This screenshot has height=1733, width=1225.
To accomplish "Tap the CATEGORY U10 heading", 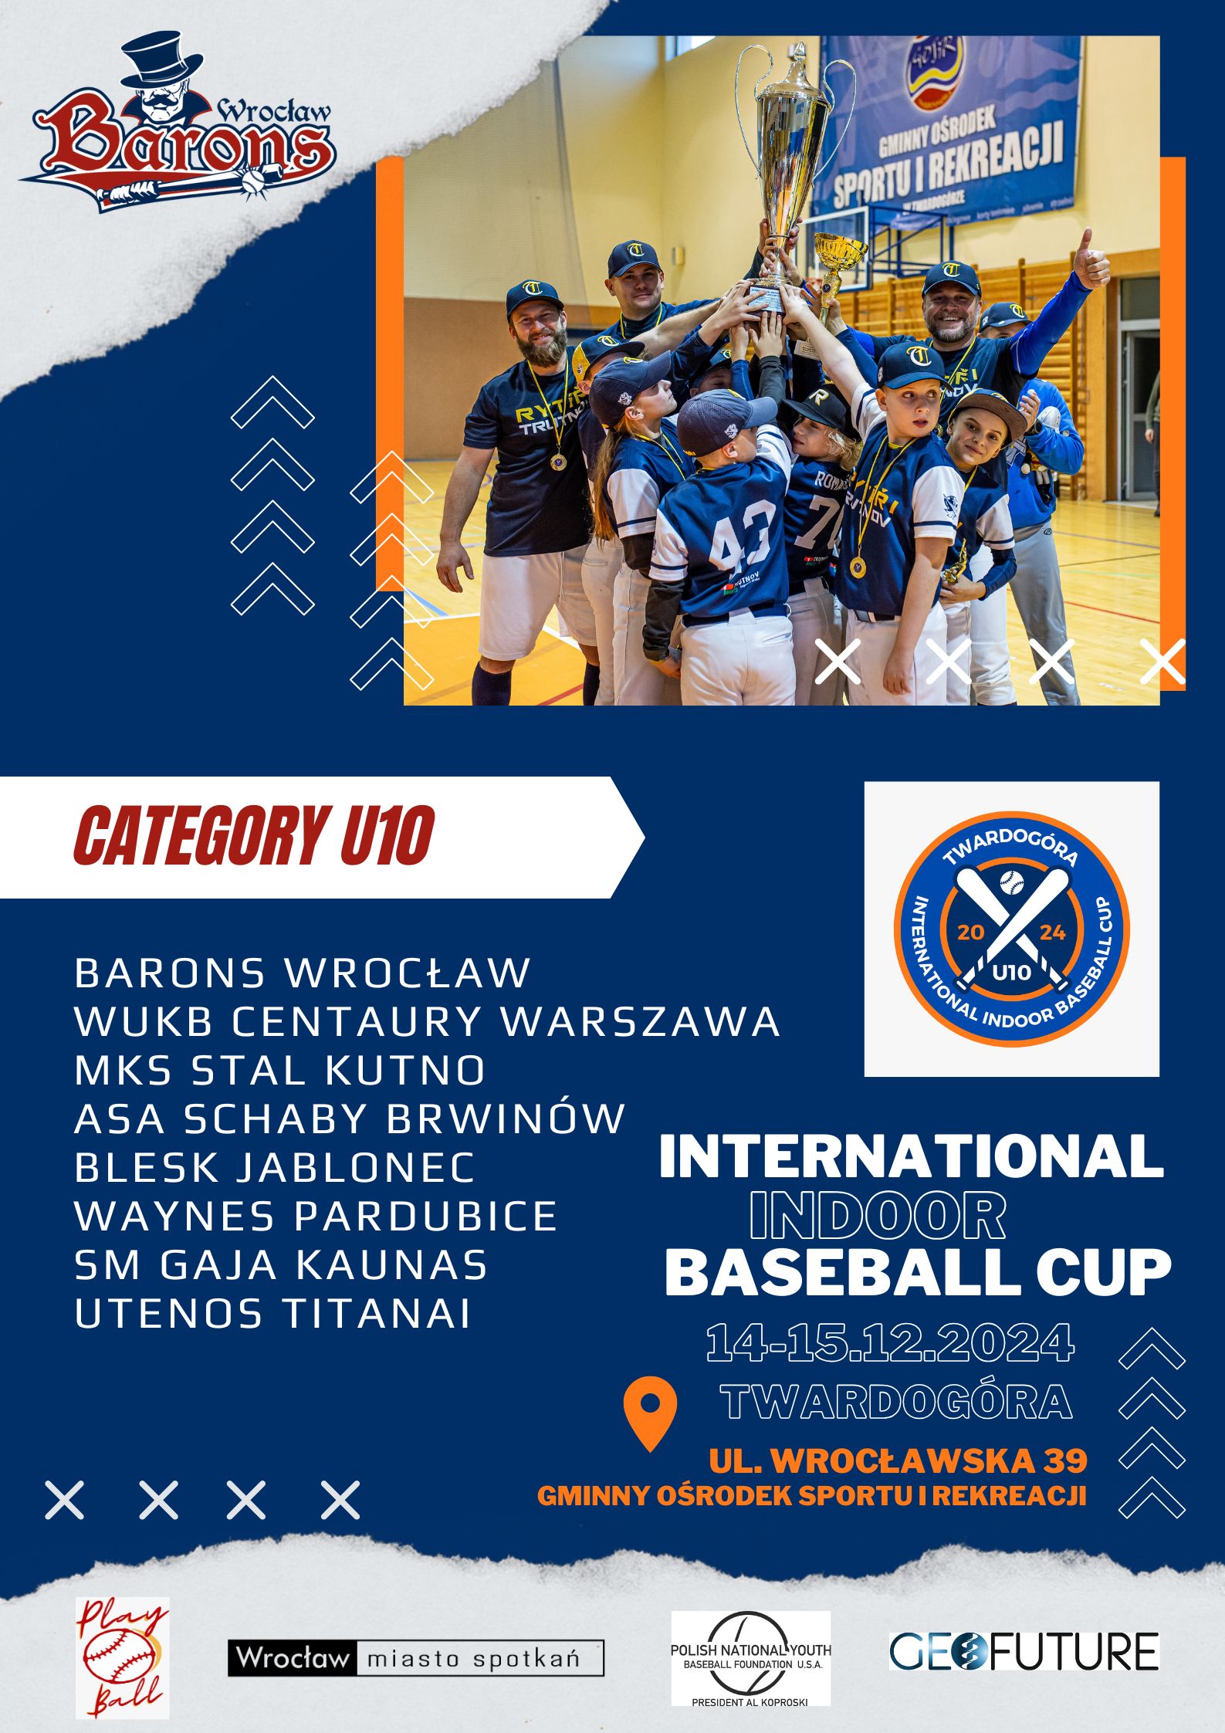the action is tap(254, 836).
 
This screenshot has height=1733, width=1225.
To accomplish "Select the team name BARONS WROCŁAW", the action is tap(303, 973).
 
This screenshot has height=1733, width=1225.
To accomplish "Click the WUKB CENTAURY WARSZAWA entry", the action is tap(428, 1021).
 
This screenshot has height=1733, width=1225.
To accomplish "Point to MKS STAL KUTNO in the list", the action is tap(280, 1071).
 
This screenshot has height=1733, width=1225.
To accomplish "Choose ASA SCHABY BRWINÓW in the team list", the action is tap(350, 1119).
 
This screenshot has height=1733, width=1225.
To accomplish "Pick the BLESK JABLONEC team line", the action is tap(275, 1168).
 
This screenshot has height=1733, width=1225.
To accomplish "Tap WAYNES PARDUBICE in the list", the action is tap(316, 1217).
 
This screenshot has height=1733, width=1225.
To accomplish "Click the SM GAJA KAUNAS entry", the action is tap(281, 1265).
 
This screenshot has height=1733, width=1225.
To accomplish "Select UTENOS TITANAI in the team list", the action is tap(272, 1314).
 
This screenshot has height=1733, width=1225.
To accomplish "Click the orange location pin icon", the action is tap(650, 1413).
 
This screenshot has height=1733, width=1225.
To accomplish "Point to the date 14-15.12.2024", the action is tap(890, 1343).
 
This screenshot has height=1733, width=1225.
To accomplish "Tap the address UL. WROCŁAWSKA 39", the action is tap(898, 1460).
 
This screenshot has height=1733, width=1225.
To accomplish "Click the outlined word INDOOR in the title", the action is tap(878, 1217).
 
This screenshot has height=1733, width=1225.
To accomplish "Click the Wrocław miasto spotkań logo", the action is tap(416, 1658).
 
